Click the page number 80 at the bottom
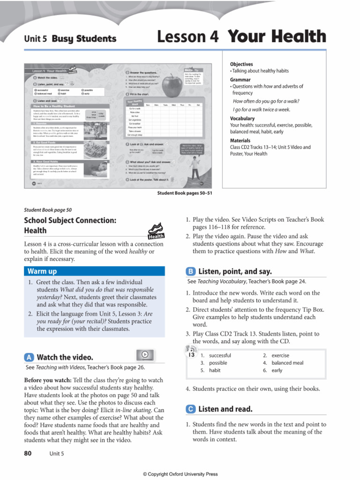click(x=29, y=453)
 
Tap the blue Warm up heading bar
click(x=94, y=271)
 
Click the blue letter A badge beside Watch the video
click(x=29, y=357)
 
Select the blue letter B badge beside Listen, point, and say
click(x=191, y=271)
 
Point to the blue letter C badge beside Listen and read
click(x=191, y=409)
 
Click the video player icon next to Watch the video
click(x=145, y=355)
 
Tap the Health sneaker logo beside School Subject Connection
click(x=156, y=231)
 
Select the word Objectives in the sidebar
click(x=241, y=64)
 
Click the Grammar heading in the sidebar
click(x=240, y=80)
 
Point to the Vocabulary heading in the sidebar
click(x=242, y=119)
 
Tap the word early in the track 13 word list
click(x=277, y=370)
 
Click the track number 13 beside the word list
click(x=191, y=355)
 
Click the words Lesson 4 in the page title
click(x=188, y=37)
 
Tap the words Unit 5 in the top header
click(x=36, y=39)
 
